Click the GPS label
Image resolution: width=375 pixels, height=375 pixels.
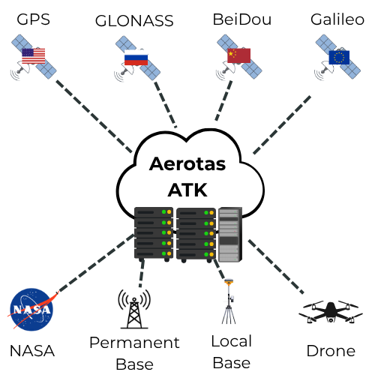(33, 19)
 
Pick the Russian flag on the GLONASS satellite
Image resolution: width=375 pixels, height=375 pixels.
(136, 58)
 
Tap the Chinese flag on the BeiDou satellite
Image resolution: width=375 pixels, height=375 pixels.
(238, 55)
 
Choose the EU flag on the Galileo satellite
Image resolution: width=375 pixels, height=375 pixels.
(339, 58)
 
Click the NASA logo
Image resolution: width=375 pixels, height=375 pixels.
(32, 310)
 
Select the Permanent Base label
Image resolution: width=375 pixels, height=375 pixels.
(134, 353)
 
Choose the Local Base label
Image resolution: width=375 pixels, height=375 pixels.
(230, 352)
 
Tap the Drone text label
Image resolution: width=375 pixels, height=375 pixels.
(330, 350)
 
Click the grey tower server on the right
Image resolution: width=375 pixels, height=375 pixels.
(230, 235)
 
